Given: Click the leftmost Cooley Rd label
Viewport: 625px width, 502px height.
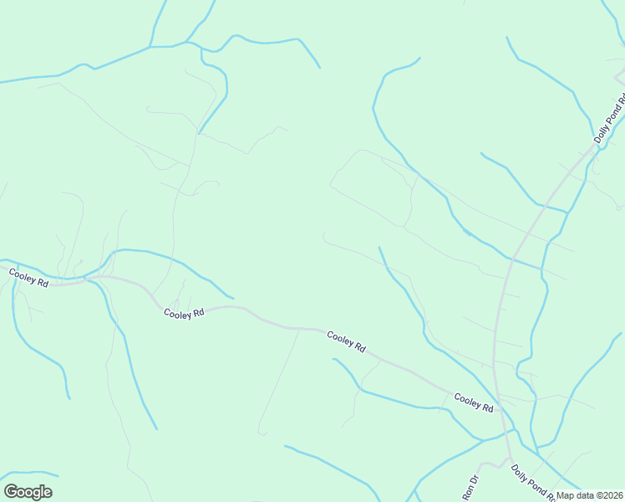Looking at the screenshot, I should [x=29, y=278].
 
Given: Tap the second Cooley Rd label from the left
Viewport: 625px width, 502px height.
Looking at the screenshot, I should [x=184, y=314].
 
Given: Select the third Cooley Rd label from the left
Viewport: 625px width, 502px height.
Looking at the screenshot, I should [x=347, y=341].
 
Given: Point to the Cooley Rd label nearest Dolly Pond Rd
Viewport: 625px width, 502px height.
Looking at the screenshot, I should [x=474, y=402].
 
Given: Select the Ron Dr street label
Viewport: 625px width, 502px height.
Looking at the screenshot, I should [x=470, y=486].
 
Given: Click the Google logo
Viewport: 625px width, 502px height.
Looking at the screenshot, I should [x=28, y=492].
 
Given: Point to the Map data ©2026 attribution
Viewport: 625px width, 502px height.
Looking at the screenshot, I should [x=590, y=495].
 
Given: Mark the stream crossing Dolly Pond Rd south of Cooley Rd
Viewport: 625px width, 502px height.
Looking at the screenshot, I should [x=505, y=432].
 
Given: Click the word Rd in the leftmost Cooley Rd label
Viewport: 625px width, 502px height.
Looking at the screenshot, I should [x=43, y=283].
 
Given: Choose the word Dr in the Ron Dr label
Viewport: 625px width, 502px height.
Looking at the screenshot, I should [x=472, y=481].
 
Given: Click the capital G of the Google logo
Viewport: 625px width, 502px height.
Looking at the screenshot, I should [x=12, y=492].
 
